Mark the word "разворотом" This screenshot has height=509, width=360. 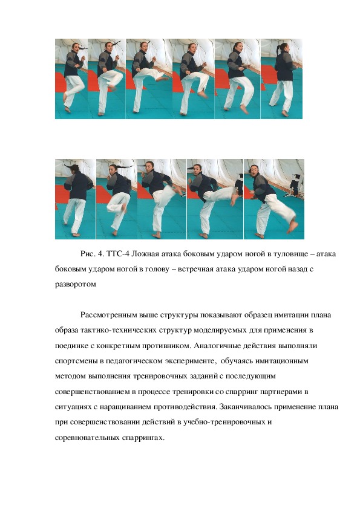tap(76, 284)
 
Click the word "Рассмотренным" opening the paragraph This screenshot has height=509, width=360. tap(109, 315)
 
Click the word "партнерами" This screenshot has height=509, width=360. tap(281, 392)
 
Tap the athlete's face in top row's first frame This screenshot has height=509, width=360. tap(76, 48)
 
